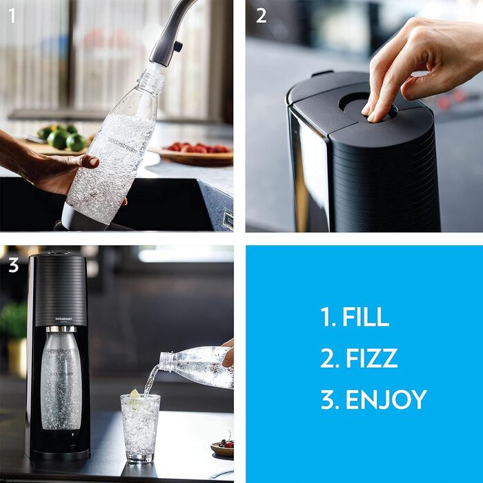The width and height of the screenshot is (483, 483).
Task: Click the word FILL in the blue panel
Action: click(x=366, y=317)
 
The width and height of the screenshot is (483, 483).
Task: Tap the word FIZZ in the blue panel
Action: click(x=370, y=358)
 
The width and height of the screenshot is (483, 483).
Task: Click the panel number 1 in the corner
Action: click(x=12, y=15)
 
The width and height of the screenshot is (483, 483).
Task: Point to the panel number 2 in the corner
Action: click(x=261, y=15)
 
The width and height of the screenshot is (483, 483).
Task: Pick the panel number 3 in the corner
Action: click(x=12, y=266)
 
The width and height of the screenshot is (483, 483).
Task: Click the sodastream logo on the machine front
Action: click(x=60, y=319)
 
